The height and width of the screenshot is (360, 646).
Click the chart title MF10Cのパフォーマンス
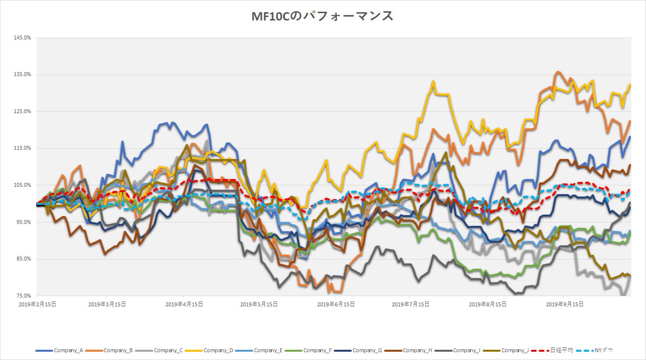[x=322, y=16]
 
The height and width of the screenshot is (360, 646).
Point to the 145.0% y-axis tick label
[x=22, y=38]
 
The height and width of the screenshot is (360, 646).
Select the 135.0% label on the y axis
[x=22, y=75]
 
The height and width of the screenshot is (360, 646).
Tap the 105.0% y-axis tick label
[x=22, y=185]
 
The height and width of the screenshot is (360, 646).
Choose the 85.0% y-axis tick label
[x=23, y=259]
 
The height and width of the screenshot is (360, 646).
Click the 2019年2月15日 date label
[x=37, y=304]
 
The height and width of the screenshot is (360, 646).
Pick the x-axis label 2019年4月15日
[x=184, y=304]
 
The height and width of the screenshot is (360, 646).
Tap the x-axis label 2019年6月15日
[x=336, y=304]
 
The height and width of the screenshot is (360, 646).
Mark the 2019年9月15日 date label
[x=565, y=304]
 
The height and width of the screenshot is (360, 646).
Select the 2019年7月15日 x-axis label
[x=411, y=304]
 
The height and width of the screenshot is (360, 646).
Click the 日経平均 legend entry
[x=559, y=350]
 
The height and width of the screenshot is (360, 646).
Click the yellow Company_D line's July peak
[x=433, y=81]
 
